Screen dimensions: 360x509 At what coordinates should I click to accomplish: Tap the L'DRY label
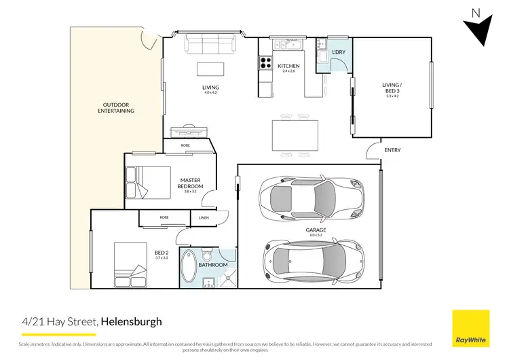tap(339, 52)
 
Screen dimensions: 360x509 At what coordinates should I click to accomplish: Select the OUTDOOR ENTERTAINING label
tap(116, 107)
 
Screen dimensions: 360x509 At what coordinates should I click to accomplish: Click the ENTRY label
tap(393, 150)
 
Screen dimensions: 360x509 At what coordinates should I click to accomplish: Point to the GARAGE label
tap(316, 230)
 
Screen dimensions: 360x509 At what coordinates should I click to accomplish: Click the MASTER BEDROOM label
tap(191, 183)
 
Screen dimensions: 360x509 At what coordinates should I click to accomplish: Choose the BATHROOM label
tap(212, 265)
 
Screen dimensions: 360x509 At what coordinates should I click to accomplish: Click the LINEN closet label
tap(204, 218)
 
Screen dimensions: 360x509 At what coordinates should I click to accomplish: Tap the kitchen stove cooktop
tap(265, 65)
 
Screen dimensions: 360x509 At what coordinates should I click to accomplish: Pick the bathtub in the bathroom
tap(187, 267)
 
